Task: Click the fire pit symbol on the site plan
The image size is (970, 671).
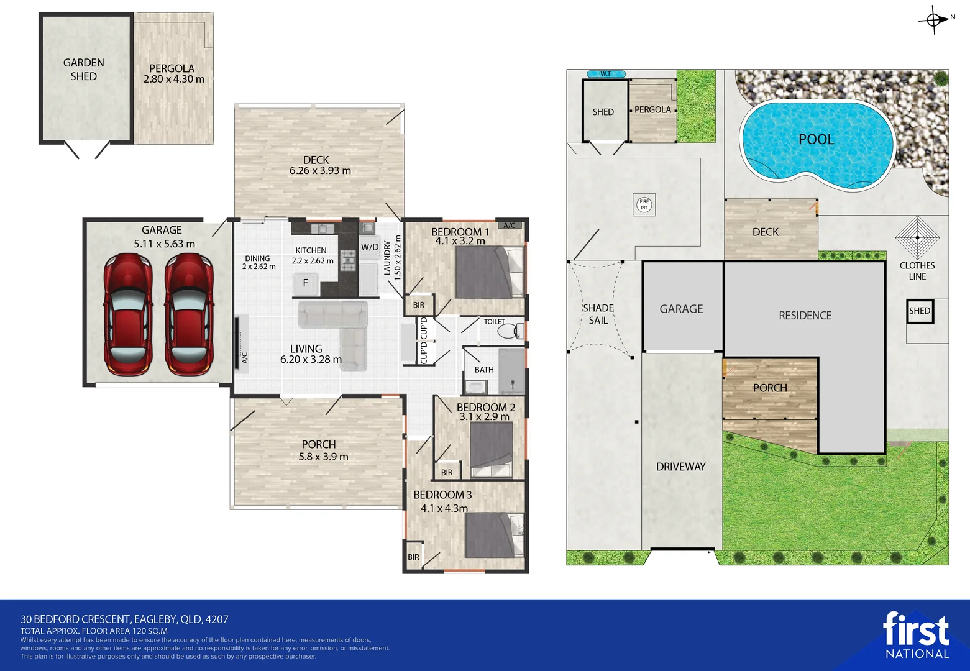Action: [x=644, y=204]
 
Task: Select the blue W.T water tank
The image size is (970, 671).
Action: [x=606, y=73]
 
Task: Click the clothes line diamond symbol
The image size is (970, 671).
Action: [x=917, y=237]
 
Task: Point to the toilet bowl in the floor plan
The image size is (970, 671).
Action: [x=510, y=331]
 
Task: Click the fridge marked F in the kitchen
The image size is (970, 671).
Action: [x=306, y=283]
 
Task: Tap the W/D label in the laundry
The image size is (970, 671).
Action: [x=370, y=247]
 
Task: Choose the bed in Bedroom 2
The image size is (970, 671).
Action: [x=492, y=450]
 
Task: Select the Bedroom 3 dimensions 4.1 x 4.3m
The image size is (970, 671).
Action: [x=444, y=508]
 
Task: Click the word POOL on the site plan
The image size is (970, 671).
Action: [x=816, y=139]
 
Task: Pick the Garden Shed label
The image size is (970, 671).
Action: [x=83, y=69]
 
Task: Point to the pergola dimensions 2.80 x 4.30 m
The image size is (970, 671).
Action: [x=174, y=80]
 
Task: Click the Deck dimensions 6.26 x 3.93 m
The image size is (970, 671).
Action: [x=320, y=171]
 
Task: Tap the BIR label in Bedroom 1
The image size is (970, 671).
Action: [x=419, y=305]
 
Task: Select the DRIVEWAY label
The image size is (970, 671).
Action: [x=680, y=467]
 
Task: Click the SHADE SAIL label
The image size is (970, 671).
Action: [x=598, y=314]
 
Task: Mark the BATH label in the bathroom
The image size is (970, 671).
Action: [x=484, y=370]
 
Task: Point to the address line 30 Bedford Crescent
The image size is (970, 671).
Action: [x=124, y=619]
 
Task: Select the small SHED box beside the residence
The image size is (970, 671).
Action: [x=920, y=311]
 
